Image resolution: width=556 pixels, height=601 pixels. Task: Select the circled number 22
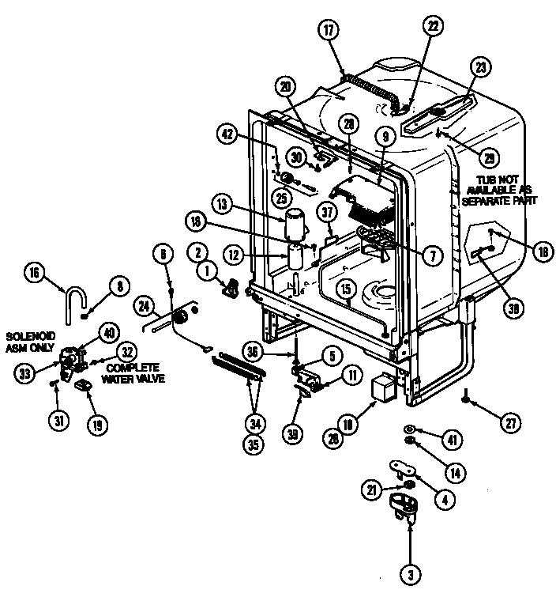click(433, 25)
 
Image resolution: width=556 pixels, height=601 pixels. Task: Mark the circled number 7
click(431, 255)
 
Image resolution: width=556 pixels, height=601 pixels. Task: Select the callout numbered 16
click(34, 274)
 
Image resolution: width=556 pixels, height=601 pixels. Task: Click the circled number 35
click(254, 444)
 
